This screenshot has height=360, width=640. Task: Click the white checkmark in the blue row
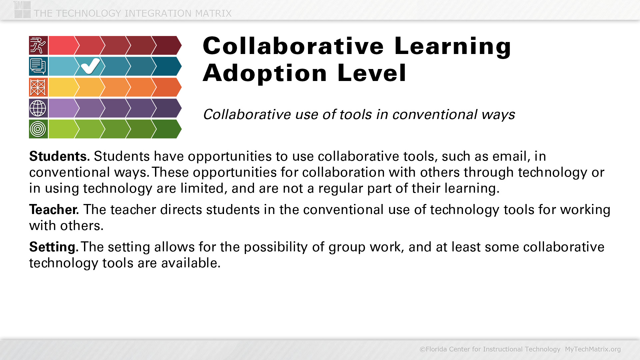coord(90,66)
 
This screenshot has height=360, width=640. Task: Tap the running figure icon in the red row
coord(38,45)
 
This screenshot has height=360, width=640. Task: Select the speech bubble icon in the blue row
coord(38,66)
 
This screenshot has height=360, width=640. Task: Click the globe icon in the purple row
coord(38,108)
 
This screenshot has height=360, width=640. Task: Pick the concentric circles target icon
coord(38,129)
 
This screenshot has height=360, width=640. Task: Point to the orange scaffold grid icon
coord(38,87)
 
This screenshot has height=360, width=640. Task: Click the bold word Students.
coord(59,156)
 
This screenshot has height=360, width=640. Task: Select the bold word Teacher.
coord(54,210)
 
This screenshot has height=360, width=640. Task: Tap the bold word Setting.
coord(54,247)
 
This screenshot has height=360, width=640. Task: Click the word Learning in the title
coord(453,46)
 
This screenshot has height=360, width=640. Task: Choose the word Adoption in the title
coord(265,73)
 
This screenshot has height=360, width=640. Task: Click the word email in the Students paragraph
coord(511,156)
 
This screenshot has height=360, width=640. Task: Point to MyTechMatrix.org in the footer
coord(593,349)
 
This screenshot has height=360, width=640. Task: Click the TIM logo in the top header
coord(22,9)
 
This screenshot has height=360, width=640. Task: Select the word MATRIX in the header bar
coord(213,13)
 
